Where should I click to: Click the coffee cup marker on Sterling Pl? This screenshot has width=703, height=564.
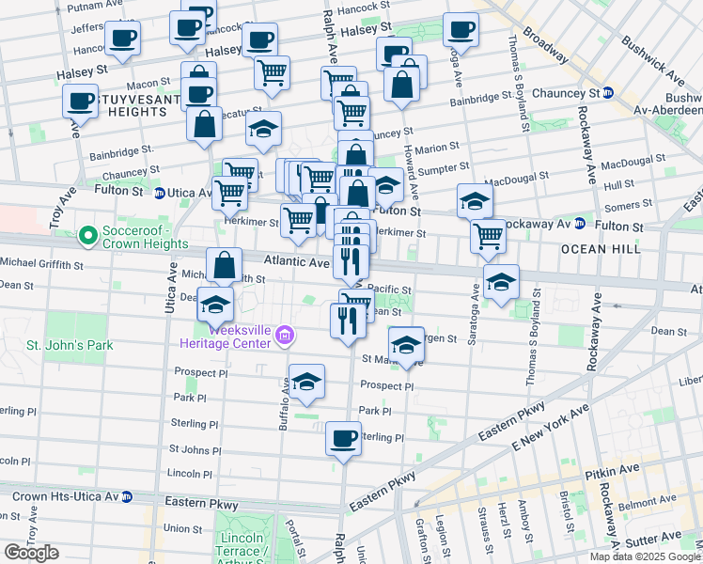pos(343,438)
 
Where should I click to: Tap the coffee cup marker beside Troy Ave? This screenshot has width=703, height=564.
pos(81,102)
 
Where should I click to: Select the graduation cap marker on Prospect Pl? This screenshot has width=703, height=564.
pos(306,382)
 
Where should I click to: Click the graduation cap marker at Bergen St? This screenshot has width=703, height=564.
pos(406,344)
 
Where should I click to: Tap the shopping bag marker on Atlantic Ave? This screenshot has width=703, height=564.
pos(225,265)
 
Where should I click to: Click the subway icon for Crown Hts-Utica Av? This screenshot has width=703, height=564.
pos(127,496)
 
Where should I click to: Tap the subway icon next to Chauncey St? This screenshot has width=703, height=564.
pos(608,93)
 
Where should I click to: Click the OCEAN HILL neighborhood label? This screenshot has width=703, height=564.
pos(601,249)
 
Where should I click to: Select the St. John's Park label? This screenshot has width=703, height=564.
pos(70,345)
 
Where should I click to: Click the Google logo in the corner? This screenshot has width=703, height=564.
pos(31,553)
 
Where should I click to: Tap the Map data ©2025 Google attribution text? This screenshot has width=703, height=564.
pos(645,556)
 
